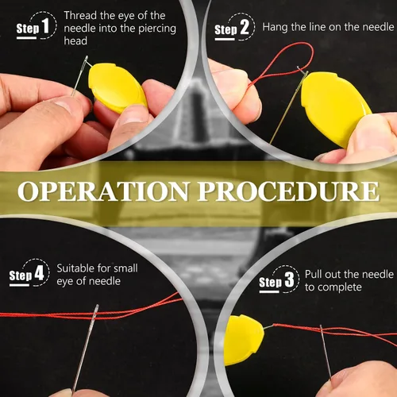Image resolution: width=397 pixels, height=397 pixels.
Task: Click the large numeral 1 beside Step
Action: coord(46,26)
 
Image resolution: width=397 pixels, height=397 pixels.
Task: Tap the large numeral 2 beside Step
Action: coord(245,27)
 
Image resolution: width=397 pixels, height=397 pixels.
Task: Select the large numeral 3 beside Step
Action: coord(289,279)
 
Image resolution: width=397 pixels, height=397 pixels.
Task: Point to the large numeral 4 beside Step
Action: coord(39,273)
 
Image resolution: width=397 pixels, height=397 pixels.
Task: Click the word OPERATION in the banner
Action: coord(103,191)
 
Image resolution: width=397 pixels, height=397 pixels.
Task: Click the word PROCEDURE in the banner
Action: coord(288,191)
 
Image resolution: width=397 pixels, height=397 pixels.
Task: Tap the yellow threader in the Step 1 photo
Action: coord(118,87)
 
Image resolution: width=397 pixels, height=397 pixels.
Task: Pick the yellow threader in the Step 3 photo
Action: coord(244,340)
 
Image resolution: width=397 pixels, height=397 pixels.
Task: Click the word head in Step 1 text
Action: coord(75,41)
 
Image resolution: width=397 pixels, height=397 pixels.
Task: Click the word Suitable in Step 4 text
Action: coord(76,268)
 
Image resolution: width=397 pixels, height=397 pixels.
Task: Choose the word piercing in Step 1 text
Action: coord(157,29)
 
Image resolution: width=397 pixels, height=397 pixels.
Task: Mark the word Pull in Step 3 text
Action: coord(314,274)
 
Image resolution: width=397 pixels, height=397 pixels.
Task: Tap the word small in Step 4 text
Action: coord(125,268)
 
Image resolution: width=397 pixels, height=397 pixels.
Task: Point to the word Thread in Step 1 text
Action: coord(80,15)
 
